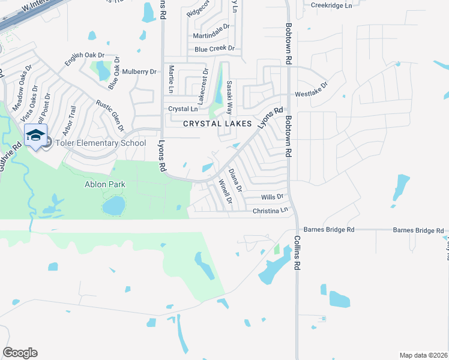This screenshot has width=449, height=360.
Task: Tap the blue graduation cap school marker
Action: click(35, 135)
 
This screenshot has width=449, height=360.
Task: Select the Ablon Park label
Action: click(104, 184)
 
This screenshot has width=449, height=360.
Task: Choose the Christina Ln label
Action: click(270, 211)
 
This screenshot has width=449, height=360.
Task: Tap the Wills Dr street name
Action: click(272, 197)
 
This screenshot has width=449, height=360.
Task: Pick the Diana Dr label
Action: click(236, 179)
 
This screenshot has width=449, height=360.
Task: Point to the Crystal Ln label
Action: click(182, 109)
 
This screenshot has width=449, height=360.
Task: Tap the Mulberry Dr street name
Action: click(139, 71)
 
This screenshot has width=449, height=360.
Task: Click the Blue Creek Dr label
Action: click(214, 49)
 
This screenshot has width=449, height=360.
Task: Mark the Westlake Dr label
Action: click(310, 94)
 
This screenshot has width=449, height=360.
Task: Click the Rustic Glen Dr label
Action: click(110, 115)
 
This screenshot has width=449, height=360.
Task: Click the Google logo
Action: click(20, 352)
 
